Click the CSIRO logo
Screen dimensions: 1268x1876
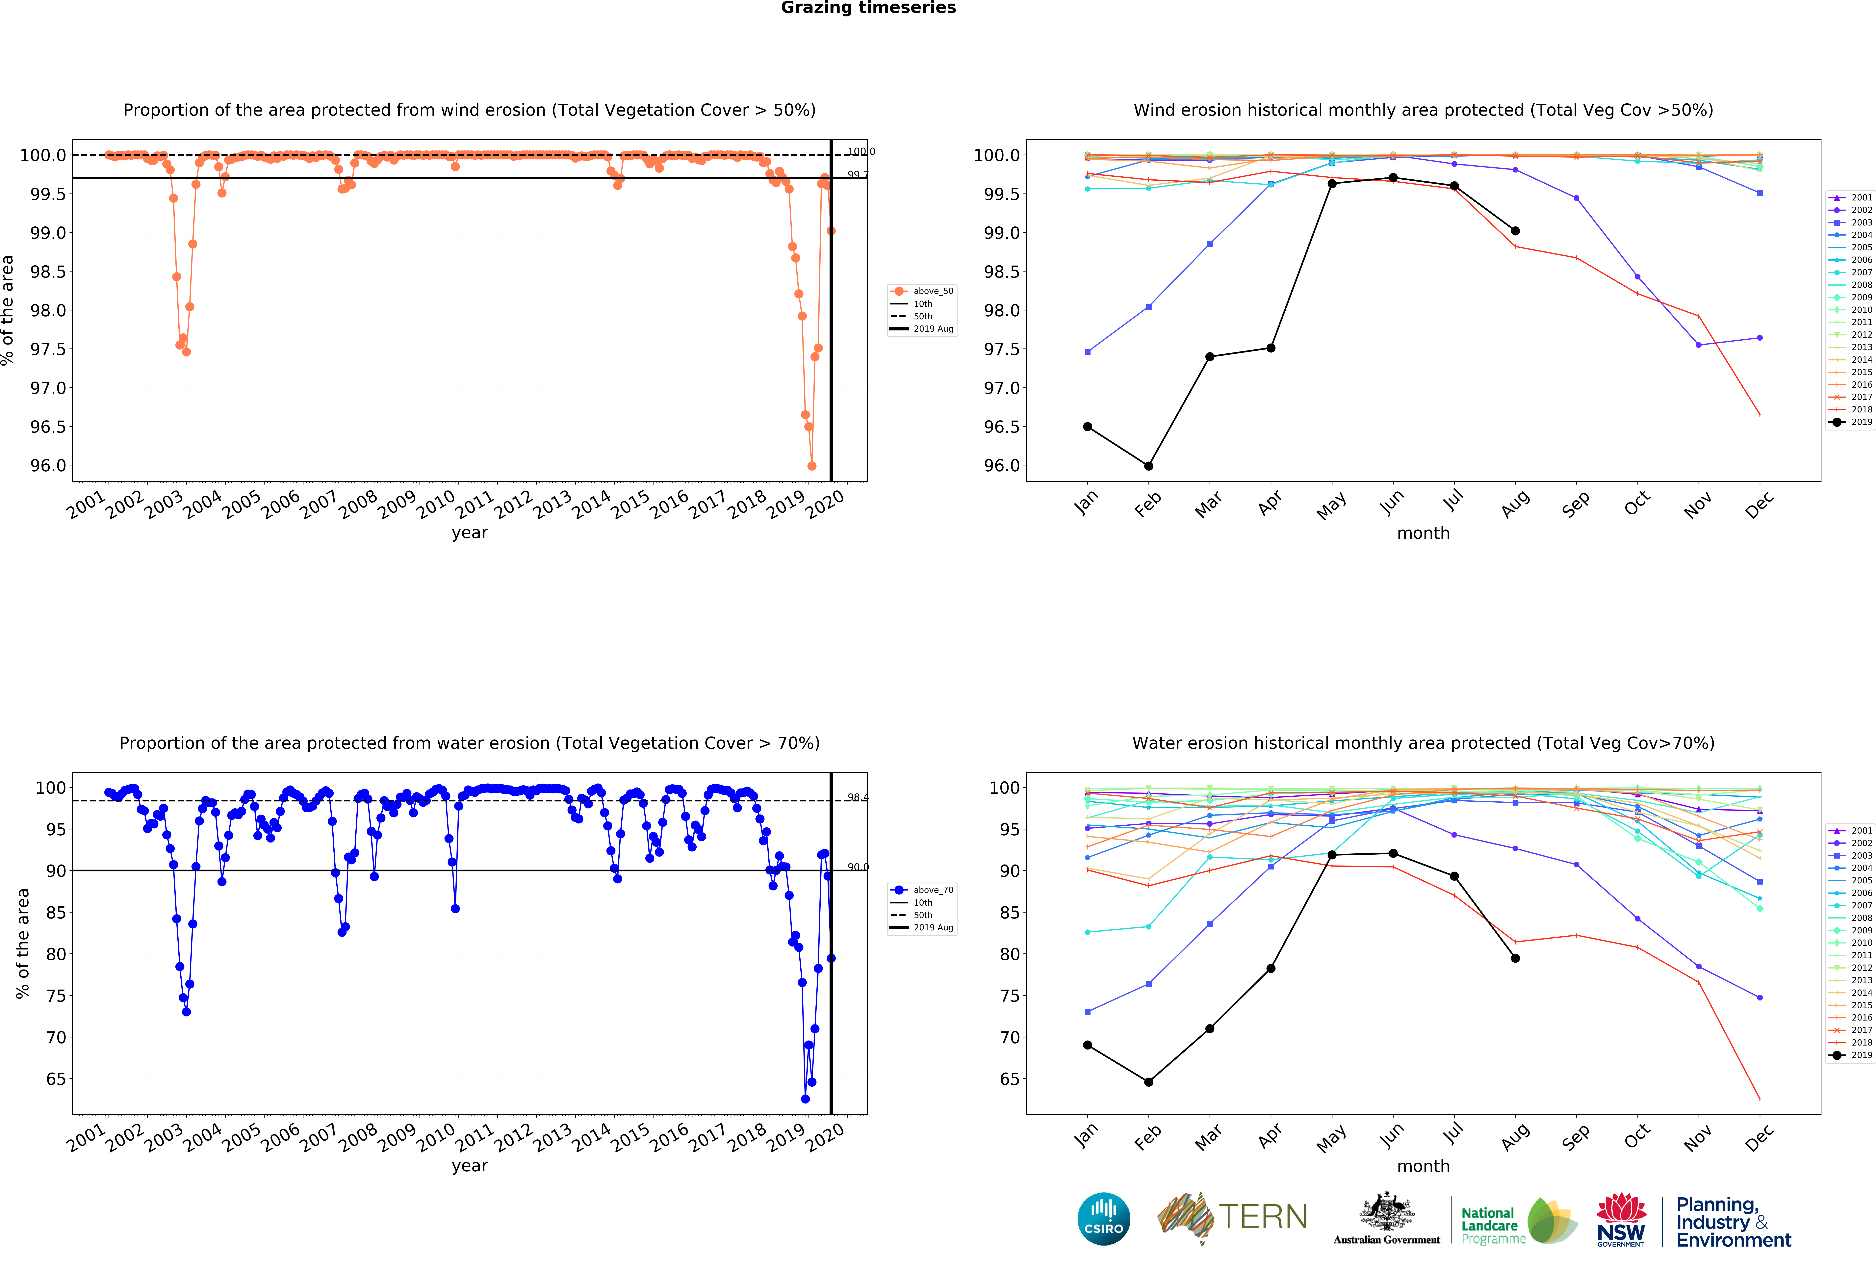pos(1103,1219)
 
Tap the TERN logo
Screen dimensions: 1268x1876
pos(1233,1217)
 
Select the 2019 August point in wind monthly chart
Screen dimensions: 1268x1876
pos(1515,231)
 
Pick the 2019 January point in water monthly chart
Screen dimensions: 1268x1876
pos(1087,1045)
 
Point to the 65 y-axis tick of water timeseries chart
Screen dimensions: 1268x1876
pos(56,1079)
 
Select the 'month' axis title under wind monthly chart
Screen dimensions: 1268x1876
pos(1423,533)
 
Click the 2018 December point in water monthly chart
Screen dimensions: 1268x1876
pos(1760,1099)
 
